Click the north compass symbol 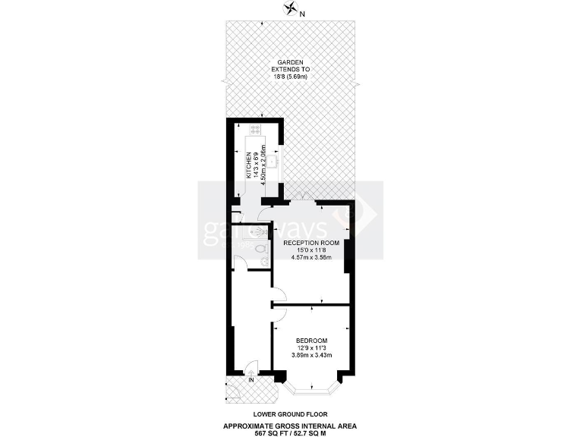(289, 9)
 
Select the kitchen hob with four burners (255, 128)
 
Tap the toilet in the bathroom (261, 248)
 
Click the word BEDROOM (311, 339)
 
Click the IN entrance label (240, 379)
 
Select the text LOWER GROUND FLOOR (291, 413)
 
